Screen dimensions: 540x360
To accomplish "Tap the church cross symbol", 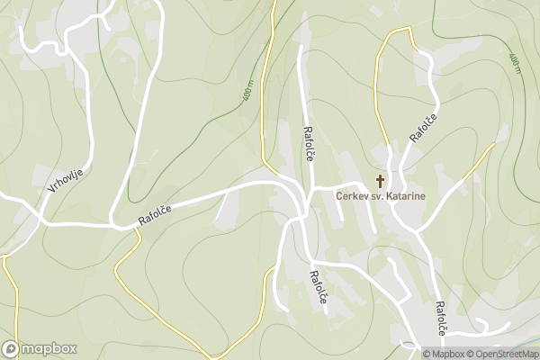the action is (380, 181).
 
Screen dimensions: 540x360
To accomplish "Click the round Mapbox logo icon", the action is (11, 348).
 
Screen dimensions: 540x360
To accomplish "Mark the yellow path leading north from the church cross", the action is (379, 99).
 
